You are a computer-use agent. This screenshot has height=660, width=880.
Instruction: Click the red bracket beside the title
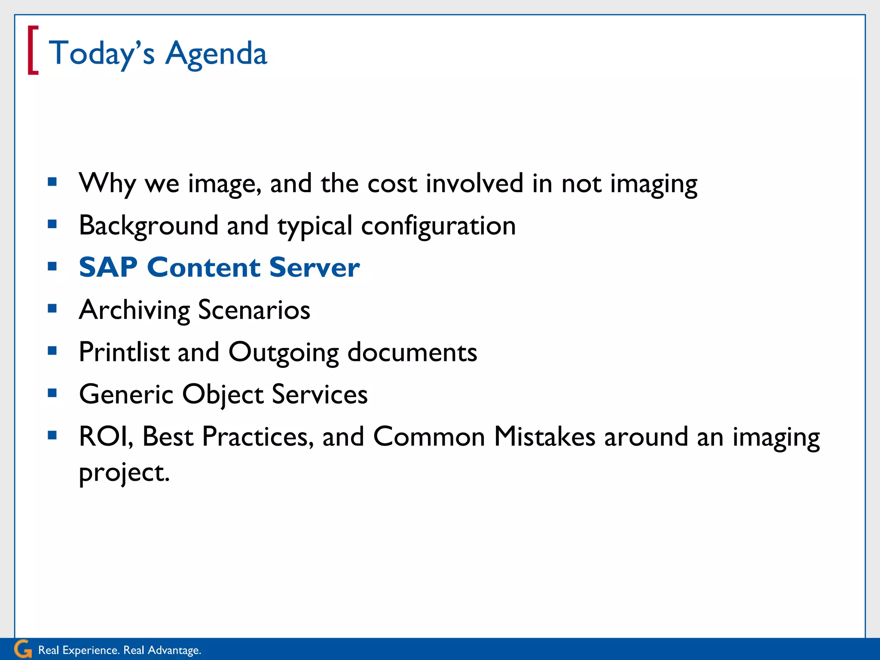tap(33, 50)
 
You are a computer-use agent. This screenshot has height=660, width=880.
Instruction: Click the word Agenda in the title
tap(216, 54)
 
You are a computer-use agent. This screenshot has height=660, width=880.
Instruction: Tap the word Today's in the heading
tap(101, 54)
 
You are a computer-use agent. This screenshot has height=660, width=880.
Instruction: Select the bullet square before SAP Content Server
tap(52, 266)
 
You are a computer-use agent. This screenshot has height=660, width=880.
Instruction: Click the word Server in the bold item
tap(315, 267)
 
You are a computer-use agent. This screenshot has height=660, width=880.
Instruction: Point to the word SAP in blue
tap(108, 267)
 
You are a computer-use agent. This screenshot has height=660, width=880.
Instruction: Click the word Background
tap(149, 226)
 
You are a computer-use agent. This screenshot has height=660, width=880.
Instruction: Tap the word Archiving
tap(134, 310)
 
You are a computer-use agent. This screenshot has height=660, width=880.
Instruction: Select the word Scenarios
tap(254, 310)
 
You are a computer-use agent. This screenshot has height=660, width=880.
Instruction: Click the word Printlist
tap(124, 352)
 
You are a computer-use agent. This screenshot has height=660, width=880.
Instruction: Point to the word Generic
tap(126, 394)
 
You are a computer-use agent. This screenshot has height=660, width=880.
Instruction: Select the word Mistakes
tap(544, 437)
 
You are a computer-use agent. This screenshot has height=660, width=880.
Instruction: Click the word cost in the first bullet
tap(392, 183)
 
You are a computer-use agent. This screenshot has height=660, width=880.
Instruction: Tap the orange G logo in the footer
tap(23, 649)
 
